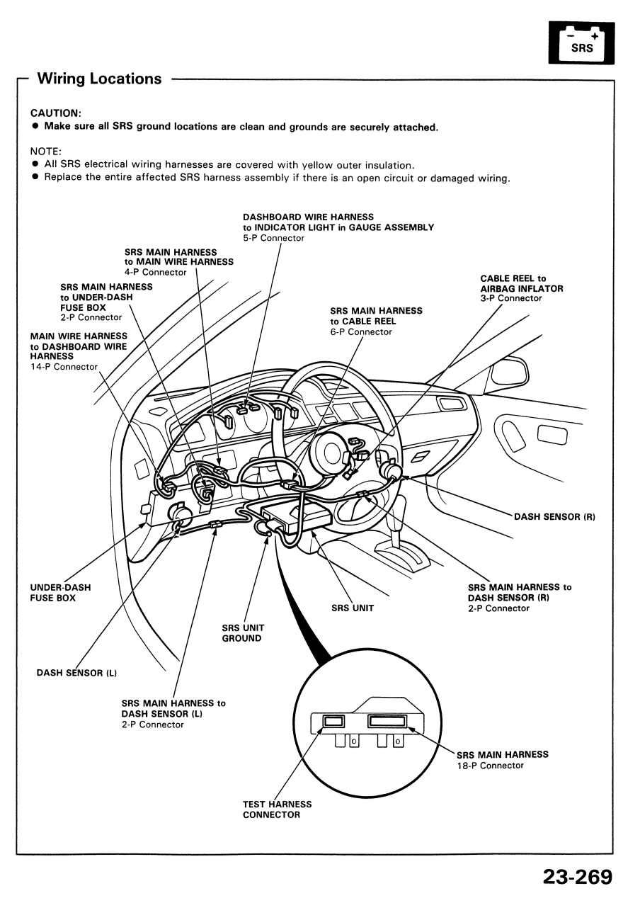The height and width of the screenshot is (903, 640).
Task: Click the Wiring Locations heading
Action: (99, 79)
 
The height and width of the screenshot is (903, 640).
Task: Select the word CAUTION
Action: (56, 113)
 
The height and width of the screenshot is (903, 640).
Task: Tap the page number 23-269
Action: (576, 877)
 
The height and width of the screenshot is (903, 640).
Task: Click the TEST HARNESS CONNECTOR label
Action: (277, 810)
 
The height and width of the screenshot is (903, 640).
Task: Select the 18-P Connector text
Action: (490, 766)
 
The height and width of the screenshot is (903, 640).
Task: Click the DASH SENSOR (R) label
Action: (554, 517)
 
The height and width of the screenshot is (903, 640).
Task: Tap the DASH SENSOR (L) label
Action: (76, 673)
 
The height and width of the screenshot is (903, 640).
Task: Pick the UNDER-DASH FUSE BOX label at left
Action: (60, 592)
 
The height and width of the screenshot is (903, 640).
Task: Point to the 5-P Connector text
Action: (273, 239)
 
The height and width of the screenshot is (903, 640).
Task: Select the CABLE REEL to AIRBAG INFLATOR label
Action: (521, 283)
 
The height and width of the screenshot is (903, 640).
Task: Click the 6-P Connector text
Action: (360, 332)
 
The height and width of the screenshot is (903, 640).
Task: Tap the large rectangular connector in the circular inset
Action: (388, 722)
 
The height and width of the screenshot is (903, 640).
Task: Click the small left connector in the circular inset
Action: (333, 722)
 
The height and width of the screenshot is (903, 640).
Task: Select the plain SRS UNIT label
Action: (352, 608)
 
